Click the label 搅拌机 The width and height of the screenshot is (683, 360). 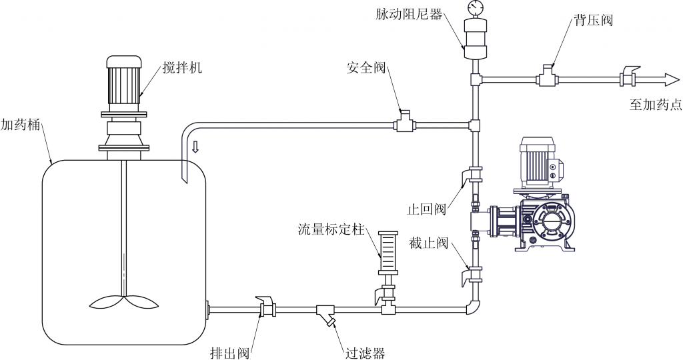(x=182, y=68)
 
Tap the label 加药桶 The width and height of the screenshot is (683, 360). (x=21, y=125)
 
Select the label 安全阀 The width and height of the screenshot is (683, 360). (x=366, y=68)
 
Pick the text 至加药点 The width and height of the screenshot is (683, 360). (x=655, y=104)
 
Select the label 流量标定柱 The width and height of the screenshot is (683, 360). (x=331, y=229)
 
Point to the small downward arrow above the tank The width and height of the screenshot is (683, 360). (x=195, y=147)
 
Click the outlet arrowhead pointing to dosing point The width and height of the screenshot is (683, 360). (x=670, y=79)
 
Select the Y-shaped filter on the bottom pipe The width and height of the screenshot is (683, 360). (x=326, y=313)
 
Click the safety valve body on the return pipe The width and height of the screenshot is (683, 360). (x=404, y=123)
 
